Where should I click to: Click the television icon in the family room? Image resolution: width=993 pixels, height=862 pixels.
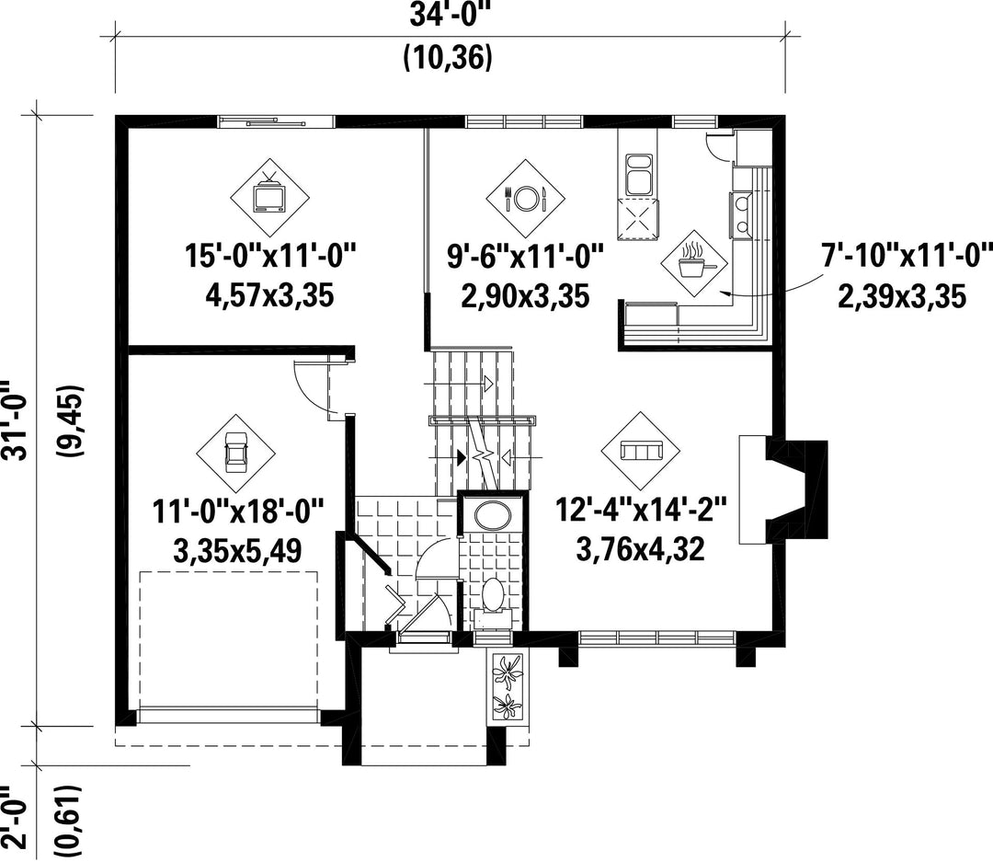tap(269, 198)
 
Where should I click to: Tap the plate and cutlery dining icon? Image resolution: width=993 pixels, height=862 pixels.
tap(525, 199)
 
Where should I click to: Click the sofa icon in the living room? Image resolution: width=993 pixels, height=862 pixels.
tap(641, 451)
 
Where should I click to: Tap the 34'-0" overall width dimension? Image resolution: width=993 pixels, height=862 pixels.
tap(451, 16)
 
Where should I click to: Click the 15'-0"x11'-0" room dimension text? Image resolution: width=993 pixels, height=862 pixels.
tap(270, 257)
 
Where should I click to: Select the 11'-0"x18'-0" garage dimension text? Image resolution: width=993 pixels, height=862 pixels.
tap(238, 511)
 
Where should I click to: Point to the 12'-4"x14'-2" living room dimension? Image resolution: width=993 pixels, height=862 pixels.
tap(642, 509)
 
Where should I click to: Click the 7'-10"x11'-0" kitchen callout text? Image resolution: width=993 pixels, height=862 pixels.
tap(906, 257)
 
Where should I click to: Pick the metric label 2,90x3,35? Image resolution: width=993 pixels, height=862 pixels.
tap(525, 296)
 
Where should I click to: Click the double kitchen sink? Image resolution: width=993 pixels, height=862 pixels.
tap(639, 175)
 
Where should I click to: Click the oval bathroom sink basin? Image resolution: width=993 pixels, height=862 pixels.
tap(493, 514)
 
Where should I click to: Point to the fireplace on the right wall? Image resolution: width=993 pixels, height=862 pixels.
tap(784, 489)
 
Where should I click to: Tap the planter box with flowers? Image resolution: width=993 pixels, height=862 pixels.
tap(508, 686)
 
